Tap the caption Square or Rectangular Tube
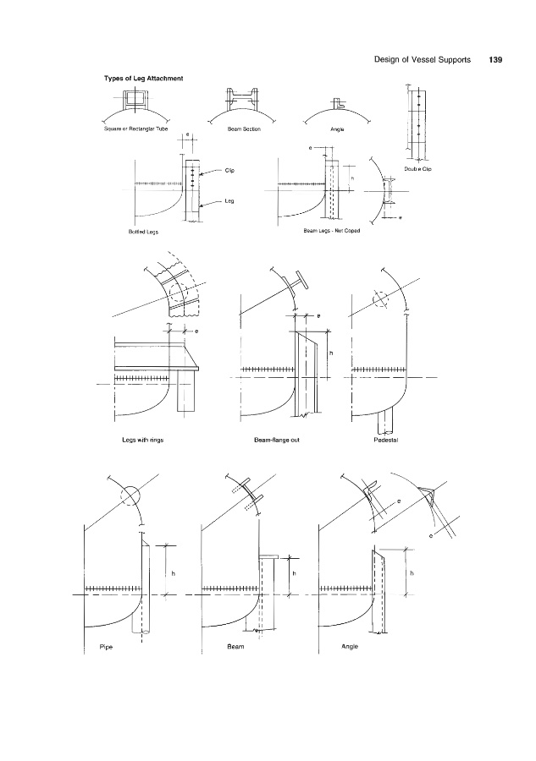(x=134, y=130)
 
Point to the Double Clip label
(x=419, y=169)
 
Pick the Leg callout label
(x=229, y=200)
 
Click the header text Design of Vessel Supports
(x=422, y=60)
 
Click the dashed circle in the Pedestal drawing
(x=382, y=300)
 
